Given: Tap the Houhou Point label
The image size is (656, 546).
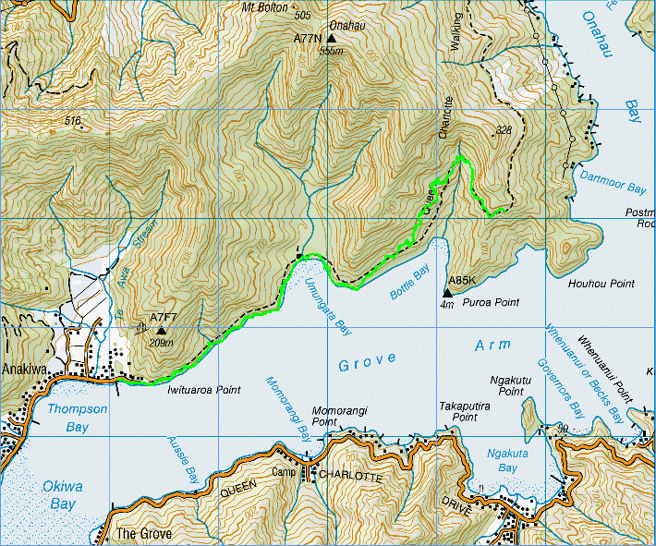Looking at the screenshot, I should pyautogui.click(x=601, y=284).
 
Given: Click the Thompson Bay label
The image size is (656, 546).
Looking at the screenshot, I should pyautogui.click(x=67, y=419).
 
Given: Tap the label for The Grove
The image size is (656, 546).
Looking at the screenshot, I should pyautogui.click(x=139, y=534).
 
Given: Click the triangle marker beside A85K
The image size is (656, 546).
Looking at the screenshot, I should pyautogui.click(x=447, y=293).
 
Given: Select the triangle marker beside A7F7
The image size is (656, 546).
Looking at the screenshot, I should pyautogui.click(x=162, y=330).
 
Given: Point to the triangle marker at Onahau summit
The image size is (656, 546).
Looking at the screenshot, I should pyautogui.click(x=331, y=39).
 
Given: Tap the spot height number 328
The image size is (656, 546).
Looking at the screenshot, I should pyautogui.click(x=503, y=130).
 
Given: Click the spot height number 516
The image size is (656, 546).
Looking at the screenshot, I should pyautogui.click(x=73, y=121).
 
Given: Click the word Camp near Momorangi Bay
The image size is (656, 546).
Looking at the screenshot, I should pyautogui.click(x=283, y=473).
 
